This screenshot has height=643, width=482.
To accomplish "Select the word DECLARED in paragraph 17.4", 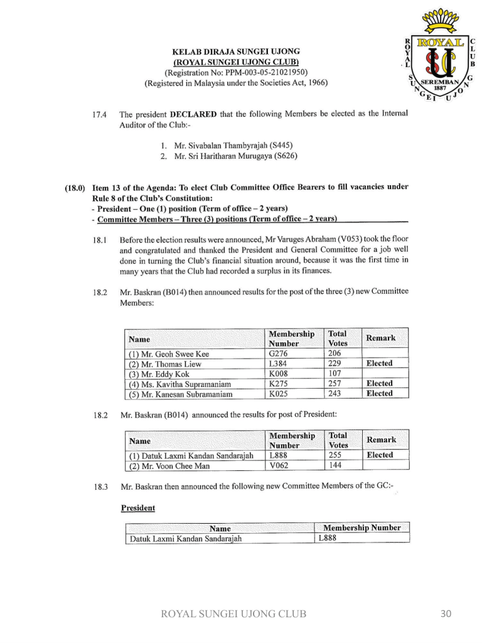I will click(x=193, y=114).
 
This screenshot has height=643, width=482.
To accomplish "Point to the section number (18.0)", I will click(x=76, y=187).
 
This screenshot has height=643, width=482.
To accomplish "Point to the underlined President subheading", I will click(x=137, y=507).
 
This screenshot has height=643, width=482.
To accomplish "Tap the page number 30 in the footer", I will click(x=445, y=613).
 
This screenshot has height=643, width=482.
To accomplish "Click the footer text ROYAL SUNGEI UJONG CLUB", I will click(x=233, y=613).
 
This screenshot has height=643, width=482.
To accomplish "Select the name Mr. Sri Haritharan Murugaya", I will click(x=227, y=156).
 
